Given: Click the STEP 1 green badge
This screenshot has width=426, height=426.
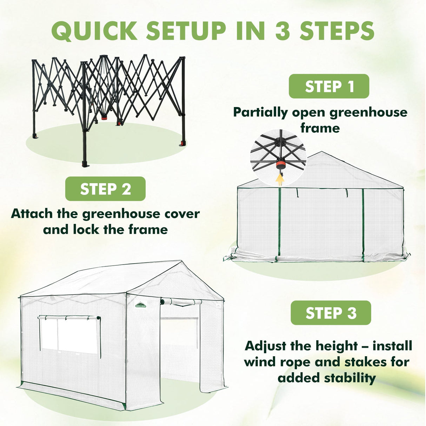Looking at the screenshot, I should (x=329, y=86).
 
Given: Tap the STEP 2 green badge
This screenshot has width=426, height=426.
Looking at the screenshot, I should (x=105, y=189).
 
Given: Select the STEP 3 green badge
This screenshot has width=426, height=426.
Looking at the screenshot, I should (x=331, y=313).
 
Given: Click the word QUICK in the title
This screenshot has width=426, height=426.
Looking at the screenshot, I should (x=94, y=31).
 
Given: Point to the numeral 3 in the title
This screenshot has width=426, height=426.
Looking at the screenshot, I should (x=282, y=31).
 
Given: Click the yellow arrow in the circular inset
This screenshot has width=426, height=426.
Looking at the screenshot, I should (x=280, y=179).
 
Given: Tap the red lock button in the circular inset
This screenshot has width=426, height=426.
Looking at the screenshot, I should (x=280, y=165).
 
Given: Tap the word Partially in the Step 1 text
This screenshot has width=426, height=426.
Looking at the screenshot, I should (x=260, y=112).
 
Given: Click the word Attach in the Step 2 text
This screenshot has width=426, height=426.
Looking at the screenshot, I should (x=32, y=213).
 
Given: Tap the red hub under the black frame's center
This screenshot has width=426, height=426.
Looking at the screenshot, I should (x=104, y=118).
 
